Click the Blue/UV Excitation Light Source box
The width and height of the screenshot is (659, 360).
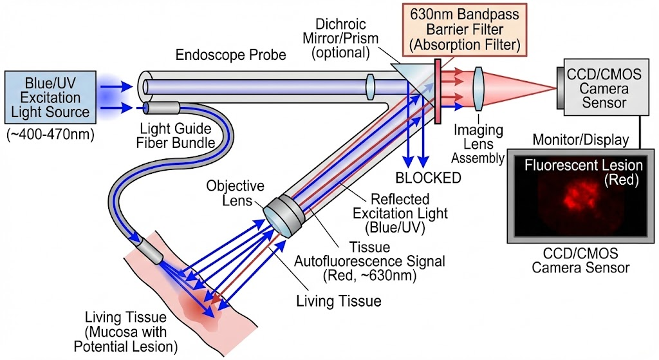(x=50, y=97)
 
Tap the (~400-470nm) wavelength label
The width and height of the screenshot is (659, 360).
(x=50, y=135)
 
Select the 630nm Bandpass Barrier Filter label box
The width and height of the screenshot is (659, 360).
(x=465, y=30)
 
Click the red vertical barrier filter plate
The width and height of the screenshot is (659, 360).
(x=438, y=91)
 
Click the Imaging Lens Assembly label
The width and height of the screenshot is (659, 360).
(x=478, y=144)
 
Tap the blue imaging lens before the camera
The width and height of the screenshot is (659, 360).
(x=478, y=88)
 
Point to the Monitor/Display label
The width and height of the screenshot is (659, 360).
(x=580, y=140)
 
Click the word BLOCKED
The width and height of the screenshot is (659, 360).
(x=428, y=178)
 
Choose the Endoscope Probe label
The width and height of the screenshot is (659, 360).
(x=231, y=55)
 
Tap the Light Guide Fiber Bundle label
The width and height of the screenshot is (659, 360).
(x=176, y=135)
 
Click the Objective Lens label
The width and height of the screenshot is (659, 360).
(x=235, y=193)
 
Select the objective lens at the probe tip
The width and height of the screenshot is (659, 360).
(x=284, y=215)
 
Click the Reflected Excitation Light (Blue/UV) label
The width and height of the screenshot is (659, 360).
(x=400, y=213)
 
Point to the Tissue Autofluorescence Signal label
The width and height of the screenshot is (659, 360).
(x=369, y=261)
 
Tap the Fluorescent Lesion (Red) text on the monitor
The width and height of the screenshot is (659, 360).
(x=583, y=173)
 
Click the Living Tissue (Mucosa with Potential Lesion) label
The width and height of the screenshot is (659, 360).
(x=125, y=332)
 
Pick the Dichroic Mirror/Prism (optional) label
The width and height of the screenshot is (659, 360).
(x=341, y=38)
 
